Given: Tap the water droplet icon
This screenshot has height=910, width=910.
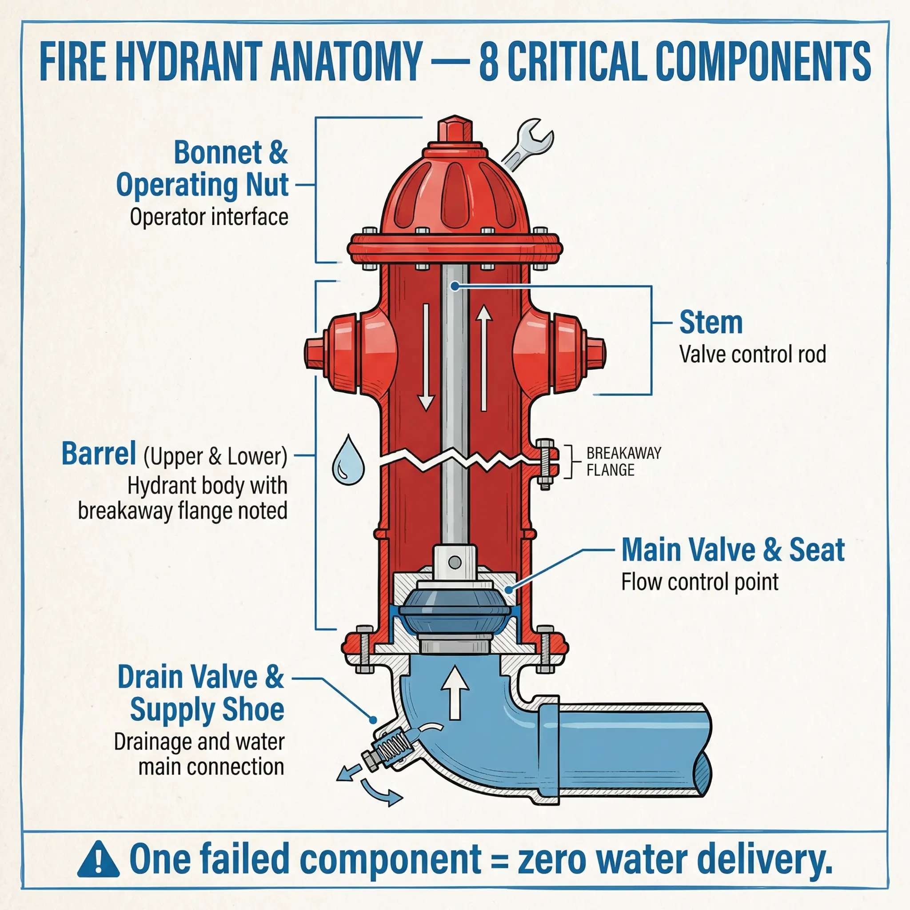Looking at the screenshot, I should [x=348, y=461].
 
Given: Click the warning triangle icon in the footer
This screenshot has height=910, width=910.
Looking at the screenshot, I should [x=98, y=860].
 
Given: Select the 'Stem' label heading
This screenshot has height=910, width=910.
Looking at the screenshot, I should [x=711, y=323].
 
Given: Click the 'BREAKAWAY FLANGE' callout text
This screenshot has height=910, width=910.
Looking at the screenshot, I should [x=623, y=462].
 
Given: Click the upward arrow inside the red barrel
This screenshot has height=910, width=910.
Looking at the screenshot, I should [x=484, y=358].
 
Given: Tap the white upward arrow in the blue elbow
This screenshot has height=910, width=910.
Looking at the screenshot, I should [x=455, y=692].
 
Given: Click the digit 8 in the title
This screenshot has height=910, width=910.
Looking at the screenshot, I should [x=488, y=61].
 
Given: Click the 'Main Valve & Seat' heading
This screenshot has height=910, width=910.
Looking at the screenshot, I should [x=733, y=550].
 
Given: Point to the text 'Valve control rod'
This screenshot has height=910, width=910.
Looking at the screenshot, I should [x=752, y=355].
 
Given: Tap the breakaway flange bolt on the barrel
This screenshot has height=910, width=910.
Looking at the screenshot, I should [x=546, y=464].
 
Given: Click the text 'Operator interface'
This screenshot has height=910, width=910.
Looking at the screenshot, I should [x=209, y=217].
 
